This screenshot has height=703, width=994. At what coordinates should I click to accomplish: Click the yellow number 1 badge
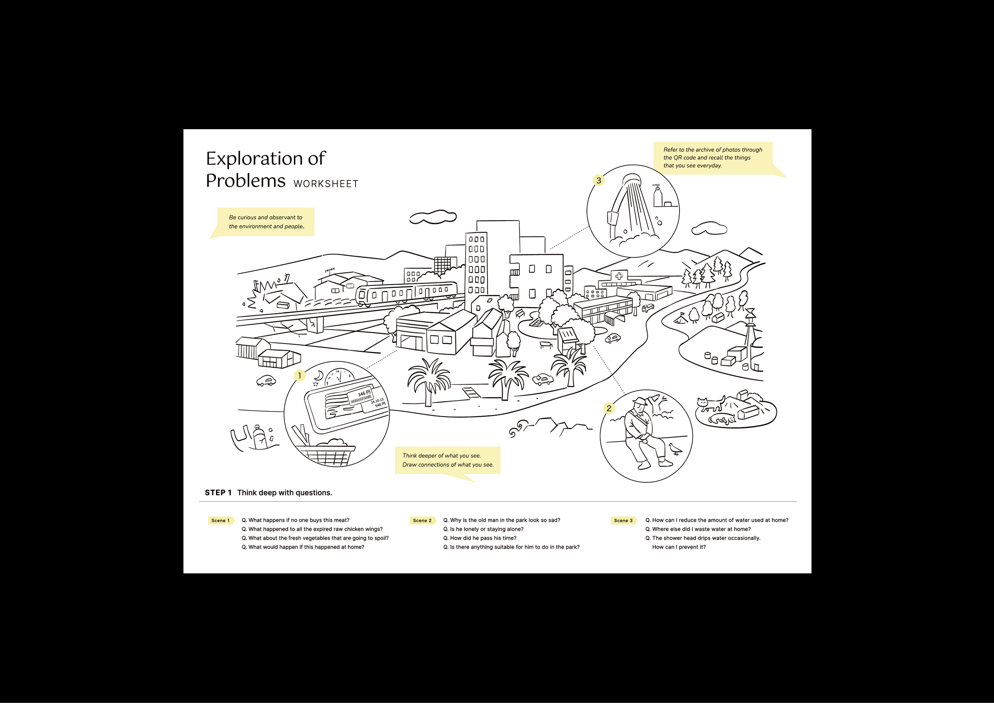(299, 375)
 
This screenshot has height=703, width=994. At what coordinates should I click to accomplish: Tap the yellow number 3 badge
(598, 181)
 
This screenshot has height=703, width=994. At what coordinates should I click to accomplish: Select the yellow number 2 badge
(609, 408)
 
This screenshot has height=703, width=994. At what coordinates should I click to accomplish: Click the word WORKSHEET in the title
(326, 184)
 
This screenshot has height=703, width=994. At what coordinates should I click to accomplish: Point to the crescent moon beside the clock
(319, 375)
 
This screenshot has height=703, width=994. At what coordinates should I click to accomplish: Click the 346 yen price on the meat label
(364, 394)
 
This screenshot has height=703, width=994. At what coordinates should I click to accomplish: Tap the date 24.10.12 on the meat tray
(377, 401)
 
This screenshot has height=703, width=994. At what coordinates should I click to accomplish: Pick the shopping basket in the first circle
(327, 455)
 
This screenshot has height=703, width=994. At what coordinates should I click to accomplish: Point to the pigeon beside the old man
(674, 449)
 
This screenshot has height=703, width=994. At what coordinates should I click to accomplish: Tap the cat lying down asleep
(722, 419)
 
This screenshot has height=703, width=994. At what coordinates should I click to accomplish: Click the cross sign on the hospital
(619, 276)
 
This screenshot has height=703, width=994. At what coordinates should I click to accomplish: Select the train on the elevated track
(406, 293)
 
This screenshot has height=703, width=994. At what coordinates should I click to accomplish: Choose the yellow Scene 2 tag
(422, 520)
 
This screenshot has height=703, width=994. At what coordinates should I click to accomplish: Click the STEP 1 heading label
(218, 493)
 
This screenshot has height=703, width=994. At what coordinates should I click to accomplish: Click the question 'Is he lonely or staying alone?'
(483, 529)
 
